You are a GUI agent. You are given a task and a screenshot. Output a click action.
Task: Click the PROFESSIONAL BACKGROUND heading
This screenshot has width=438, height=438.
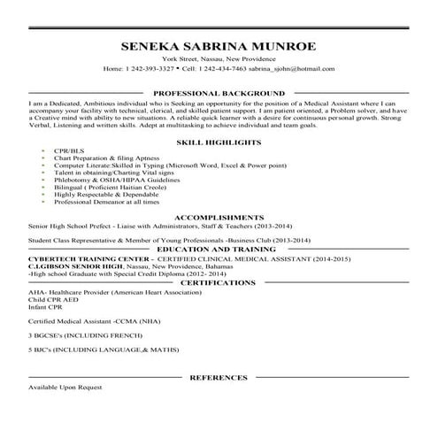point(219,92)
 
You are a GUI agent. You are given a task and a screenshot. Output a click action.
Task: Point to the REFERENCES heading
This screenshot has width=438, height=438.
point(219,378)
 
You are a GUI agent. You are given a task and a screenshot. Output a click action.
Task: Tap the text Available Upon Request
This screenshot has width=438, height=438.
point(65,388)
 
